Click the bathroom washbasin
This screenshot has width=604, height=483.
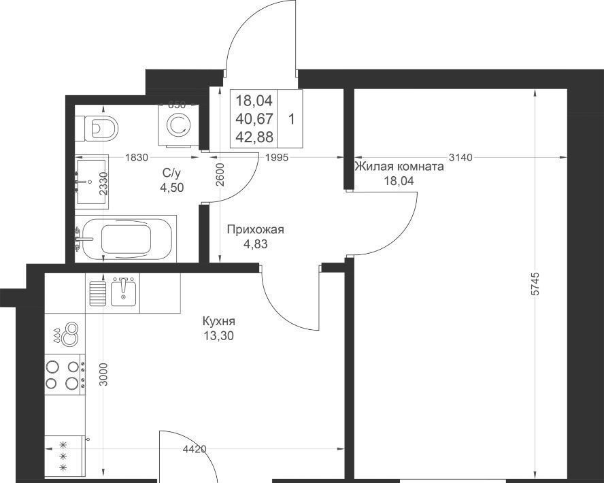(x=92, y=182)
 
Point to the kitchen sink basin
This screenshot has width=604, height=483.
(x=123, y=292)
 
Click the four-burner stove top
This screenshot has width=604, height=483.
(x=65, y=374)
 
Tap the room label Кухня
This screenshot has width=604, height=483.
(x=218, y=321)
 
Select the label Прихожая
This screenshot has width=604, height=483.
(x=255, y=230)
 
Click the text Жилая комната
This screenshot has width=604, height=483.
(x=399, y=167)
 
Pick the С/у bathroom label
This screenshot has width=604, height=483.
(x=171, y=173)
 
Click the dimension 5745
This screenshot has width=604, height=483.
(x=535, y=284)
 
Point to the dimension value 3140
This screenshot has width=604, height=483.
(x=460, y=157)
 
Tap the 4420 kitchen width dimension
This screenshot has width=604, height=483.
(x=195, y=449)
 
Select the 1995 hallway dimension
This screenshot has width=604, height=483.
(x=277, y=157)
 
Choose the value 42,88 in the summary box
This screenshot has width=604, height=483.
(x=254, y=137)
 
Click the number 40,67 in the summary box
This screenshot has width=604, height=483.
(x=254, y=118)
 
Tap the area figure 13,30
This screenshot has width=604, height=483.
(x=219, y=336)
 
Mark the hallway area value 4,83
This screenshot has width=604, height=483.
(x=255, y=244)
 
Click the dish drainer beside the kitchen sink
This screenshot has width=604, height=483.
(x=98, y=293)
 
